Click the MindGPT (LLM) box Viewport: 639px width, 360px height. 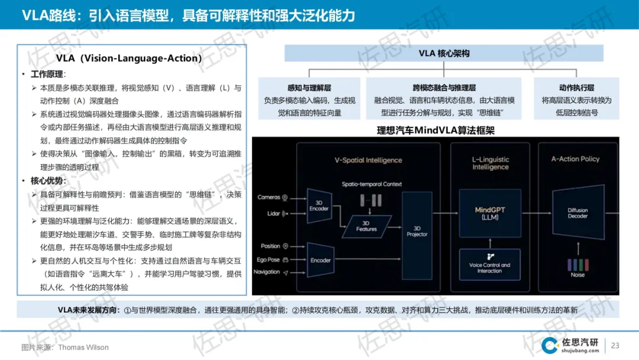point(490,214)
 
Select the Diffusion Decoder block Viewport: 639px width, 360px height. point(577,213)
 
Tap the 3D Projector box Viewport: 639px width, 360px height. point(417,231)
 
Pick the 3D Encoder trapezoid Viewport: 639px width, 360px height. point(319,205)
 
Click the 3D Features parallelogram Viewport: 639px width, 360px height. point(366,226)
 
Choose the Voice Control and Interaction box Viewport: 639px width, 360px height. point(489,268)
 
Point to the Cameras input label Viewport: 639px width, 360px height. point(269,197)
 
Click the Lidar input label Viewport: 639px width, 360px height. point(272,213)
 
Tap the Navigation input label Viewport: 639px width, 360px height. point(267,272)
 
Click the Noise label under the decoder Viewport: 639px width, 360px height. point(577,275)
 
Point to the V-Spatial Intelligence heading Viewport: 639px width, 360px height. point(368,160)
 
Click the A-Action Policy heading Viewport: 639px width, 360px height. point(575,159)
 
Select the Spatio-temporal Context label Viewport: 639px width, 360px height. point(372,184)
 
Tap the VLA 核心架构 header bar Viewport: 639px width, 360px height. point(444,53)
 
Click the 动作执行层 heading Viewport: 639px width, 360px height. point(576,88)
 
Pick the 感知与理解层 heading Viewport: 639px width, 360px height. point(309,88)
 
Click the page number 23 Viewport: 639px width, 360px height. point(615,346)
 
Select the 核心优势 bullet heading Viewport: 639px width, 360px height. point(49,181)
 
